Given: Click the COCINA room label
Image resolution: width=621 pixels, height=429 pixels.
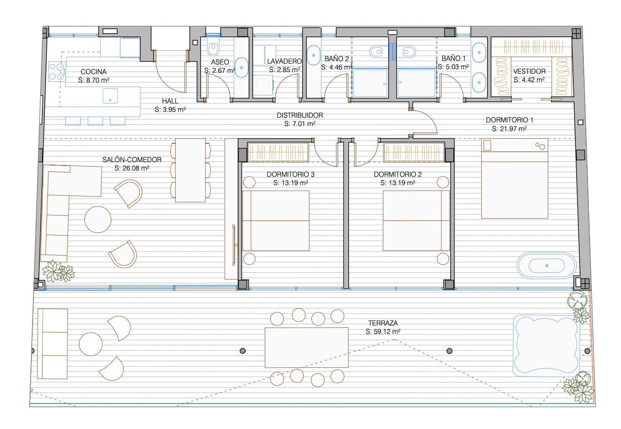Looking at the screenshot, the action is click(x=93, y=72).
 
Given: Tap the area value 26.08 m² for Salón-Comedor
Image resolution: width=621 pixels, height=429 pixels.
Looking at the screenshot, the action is click(x=132, y=168).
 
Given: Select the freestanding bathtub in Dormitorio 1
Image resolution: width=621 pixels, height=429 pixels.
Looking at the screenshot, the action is click(x=547, y=266).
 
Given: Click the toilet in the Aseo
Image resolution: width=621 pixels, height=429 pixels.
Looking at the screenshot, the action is click(x=213, y=48).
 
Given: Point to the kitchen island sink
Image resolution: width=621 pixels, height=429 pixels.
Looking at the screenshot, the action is click(x=110, y=96).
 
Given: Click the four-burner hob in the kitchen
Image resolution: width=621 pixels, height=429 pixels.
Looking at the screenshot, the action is click(x=56, y=71).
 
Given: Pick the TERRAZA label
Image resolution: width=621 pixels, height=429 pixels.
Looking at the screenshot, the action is click(x=383, y=323).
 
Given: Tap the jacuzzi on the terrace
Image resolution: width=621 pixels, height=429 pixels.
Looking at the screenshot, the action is click(x=546, y=346).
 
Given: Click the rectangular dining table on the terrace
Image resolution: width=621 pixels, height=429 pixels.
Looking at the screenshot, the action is click(x=306, y=347).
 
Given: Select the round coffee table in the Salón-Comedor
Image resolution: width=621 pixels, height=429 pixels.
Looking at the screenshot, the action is click(x=98, y=220).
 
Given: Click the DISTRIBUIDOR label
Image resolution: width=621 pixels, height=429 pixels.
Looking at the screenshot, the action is click(x=300, y=115).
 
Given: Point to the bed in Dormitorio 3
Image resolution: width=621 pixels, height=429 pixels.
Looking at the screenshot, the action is click(x=276, y=221).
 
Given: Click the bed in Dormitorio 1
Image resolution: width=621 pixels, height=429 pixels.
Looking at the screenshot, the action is click(x=515, y=178).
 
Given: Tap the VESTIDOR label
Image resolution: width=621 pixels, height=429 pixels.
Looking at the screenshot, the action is click(x=529, y=71).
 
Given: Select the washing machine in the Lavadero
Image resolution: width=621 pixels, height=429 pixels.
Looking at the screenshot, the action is click(x=262, y=85).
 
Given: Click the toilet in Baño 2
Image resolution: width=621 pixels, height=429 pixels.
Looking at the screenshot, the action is click(x=376, y=52).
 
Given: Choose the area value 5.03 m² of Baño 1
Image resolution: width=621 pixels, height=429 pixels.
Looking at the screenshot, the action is click(x=453, y=67).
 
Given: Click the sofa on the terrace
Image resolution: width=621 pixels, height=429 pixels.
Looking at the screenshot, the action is click(x=53, y=344).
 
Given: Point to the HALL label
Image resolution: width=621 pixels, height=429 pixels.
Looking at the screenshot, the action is click(x=170, y=101).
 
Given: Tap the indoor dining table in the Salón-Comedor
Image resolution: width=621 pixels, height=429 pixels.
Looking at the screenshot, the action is click(x=190, y=170).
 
